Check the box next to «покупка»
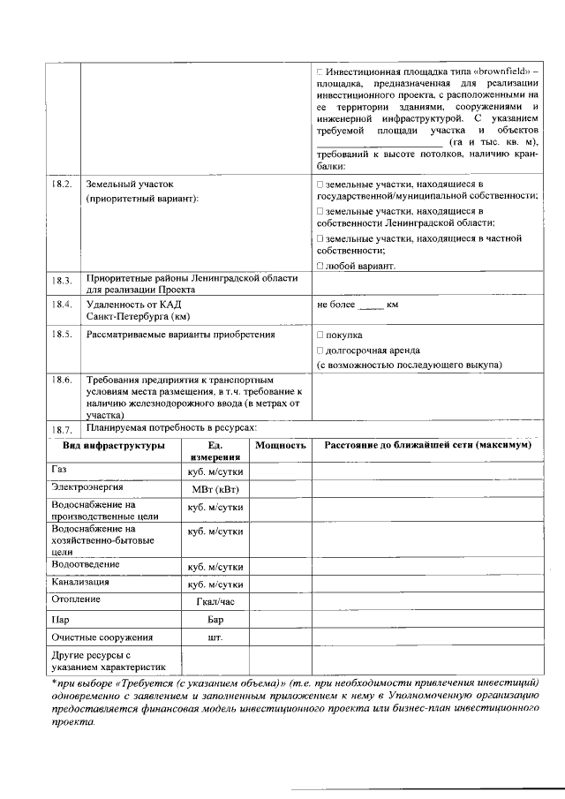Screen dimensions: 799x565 [x=320, y=335]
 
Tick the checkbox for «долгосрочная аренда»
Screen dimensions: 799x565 [x=320, y=351]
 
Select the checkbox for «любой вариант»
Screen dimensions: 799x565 [x=320, y=265]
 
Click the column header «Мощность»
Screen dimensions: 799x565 [x=280, y=446]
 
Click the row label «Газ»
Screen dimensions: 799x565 [x=59, y=470]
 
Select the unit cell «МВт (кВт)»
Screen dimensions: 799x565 [x=215, y=489]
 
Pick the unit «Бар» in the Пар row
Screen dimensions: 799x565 [x=215, y=619]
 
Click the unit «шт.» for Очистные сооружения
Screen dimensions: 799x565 [x=215, y=637]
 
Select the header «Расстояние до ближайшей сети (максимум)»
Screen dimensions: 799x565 [x=427, y=446]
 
